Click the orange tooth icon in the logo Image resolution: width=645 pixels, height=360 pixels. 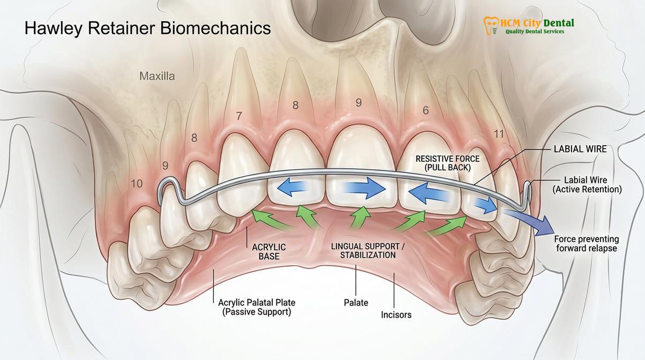coord(491,26)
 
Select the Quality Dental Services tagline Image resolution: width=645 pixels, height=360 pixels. coord(535,32)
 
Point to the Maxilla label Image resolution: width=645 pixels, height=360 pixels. coord(157,76)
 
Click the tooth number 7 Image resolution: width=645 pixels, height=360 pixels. coord(239,116)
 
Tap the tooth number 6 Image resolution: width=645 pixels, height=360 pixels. coord(426,110)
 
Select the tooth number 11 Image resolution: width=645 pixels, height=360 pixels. coord(499,134)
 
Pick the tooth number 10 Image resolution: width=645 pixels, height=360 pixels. coord(137,183)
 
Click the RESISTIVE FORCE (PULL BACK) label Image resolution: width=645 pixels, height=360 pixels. coord(448,163)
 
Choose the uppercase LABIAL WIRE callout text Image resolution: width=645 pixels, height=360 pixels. coord(580,149)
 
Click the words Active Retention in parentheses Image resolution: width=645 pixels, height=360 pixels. coord(587,190)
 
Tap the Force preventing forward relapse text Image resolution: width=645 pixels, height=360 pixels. coord(587,244)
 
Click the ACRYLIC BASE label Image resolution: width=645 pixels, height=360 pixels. coord(269,252)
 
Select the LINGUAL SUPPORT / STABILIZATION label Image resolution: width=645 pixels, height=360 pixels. coord(368,251)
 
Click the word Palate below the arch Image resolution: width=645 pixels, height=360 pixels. coord(356,303)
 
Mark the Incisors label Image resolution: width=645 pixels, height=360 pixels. coord(396,315)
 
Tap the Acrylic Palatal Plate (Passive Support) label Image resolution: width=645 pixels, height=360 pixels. coord(257,307)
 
